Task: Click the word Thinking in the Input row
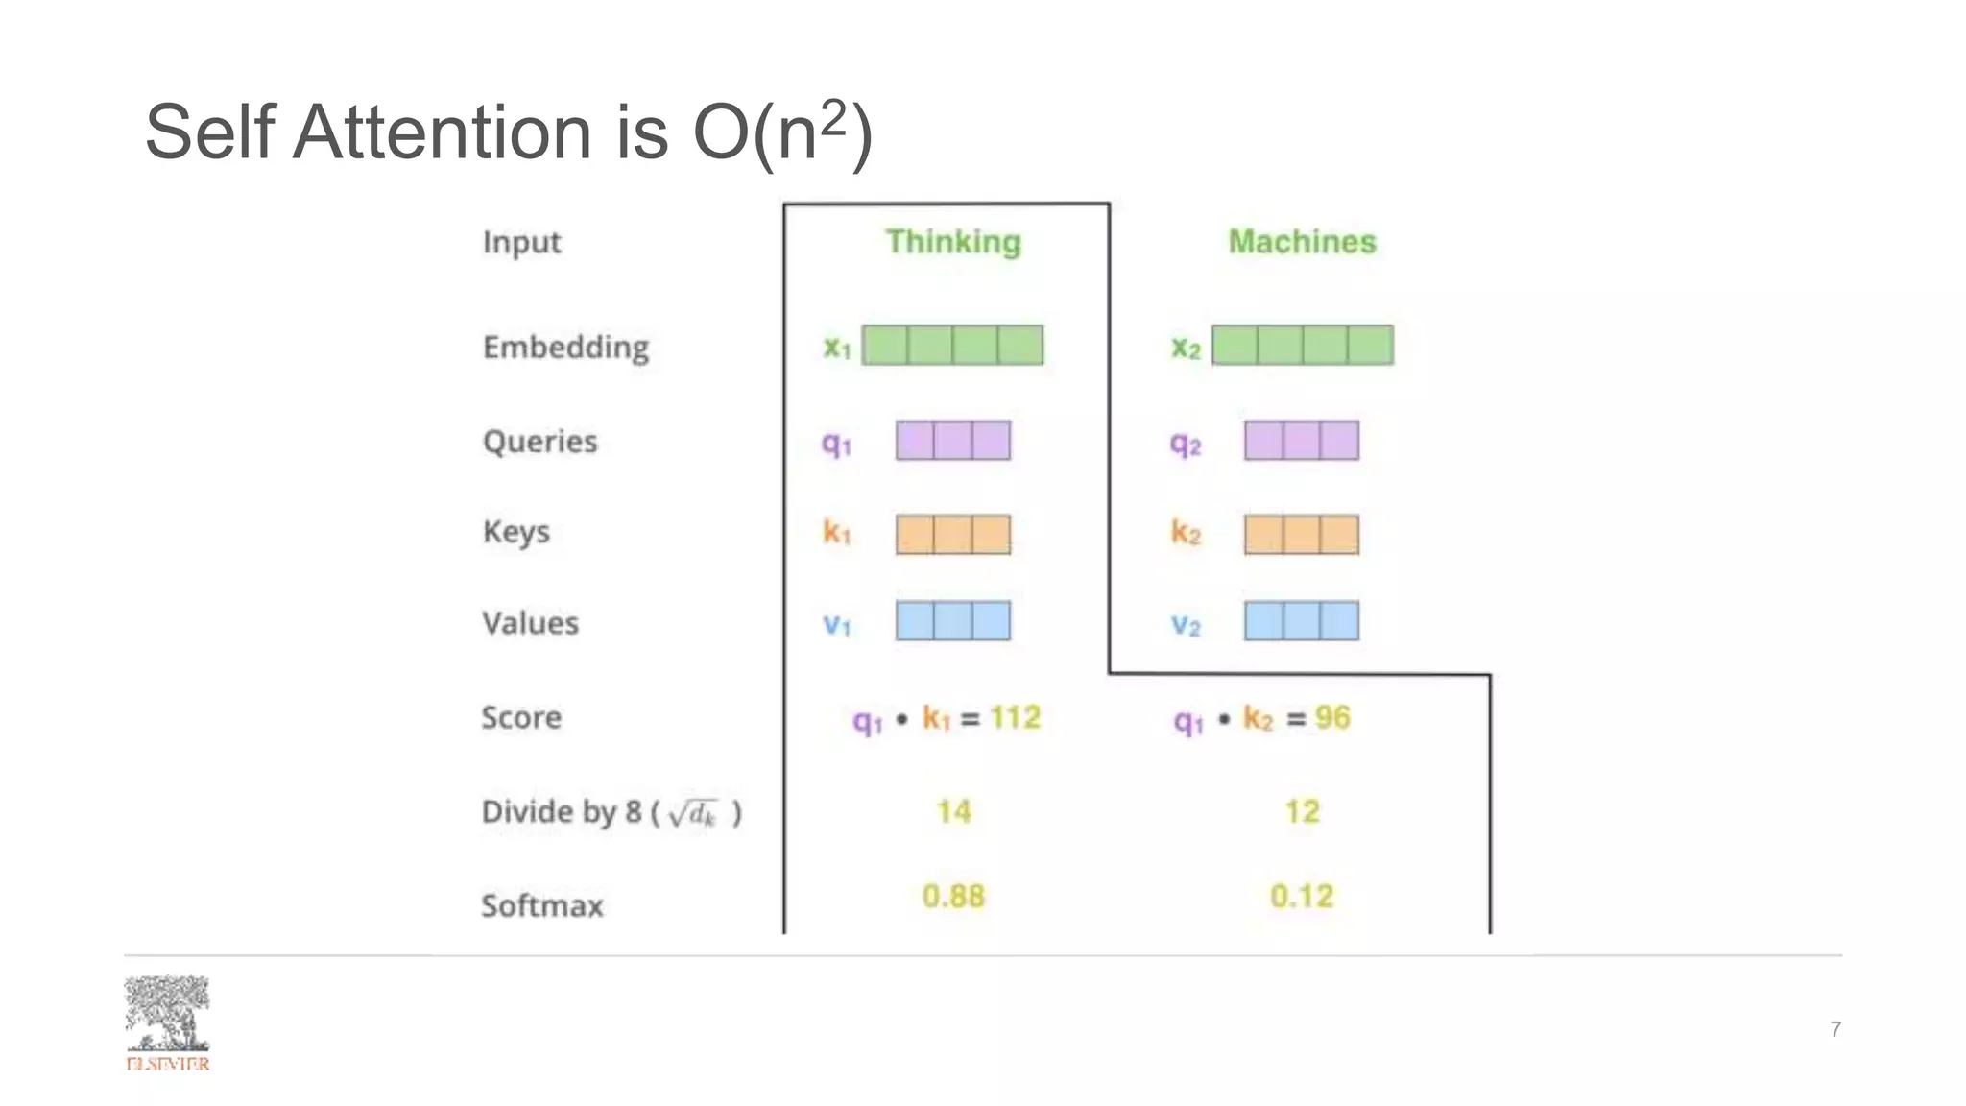[x=952, y=242]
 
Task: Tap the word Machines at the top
[x=1302, y=242]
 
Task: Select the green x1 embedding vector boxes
[x=952, y=346]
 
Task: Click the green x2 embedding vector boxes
[x=1302, y=346]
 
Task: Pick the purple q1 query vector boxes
[x=952, y=441]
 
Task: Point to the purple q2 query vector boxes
[x=1301, y=441]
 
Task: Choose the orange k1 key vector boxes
[x=952, y=535]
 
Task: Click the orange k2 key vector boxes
[x=1301, y=535]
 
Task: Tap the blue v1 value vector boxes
[x=952, y=621]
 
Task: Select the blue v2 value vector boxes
[x=1301, y=621]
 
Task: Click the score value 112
[x=1015, y=717]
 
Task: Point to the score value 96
[x=1332, y=717]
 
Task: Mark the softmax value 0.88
[x=953, y=897]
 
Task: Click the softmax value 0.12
[x=1302, y=897]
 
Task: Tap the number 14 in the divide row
[x=953, y=812]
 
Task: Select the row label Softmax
[x=542, y=905]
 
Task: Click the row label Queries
[x=539, y=442]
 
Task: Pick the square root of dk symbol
[x=693, y=814]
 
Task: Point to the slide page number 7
[x=1835, y=1029]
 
